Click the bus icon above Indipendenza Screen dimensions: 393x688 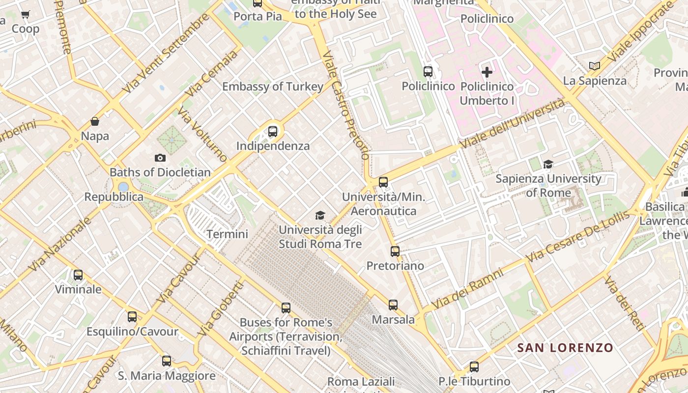pyautogui.click(x=273, y=132)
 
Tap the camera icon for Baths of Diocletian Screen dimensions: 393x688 pyautogui.click(x=160, y=158)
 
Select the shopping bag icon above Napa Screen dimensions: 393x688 pyautogui.click(x=95, y=121)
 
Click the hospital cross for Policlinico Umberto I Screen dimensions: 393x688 pyautogui.click(x=487, y=72)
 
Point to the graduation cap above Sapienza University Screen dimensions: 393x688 pyautogui.click(x=548, y=164)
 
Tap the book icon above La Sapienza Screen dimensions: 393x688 pyautogui.click(x=595, y=66)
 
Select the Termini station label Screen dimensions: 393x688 pyautogui.click(x=227, y=234)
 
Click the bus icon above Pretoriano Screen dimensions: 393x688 pyautogui.click(x=395, y=252)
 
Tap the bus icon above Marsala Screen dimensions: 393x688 pyautogui.click(x=393, y=305)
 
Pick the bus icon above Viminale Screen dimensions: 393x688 pyautogui.click(x=78, y=275)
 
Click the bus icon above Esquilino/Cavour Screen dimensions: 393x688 pyautogui.click(x=132, y=317)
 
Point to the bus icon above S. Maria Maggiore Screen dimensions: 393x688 pyautogui.click(x=167, y=361)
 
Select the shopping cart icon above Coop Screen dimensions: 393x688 pyautogui.click(x=26, y=15)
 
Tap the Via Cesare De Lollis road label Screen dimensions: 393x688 pyautogui.click(x=577, y=237)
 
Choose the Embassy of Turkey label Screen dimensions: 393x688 pyautogui.click(x=273, y=87)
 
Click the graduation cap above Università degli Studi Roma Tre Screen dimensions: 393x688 pyautogui.click(x=320, y=215)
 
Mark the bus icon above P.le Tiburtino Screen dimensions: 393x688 pyautogui.click(x=474, y=367)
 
